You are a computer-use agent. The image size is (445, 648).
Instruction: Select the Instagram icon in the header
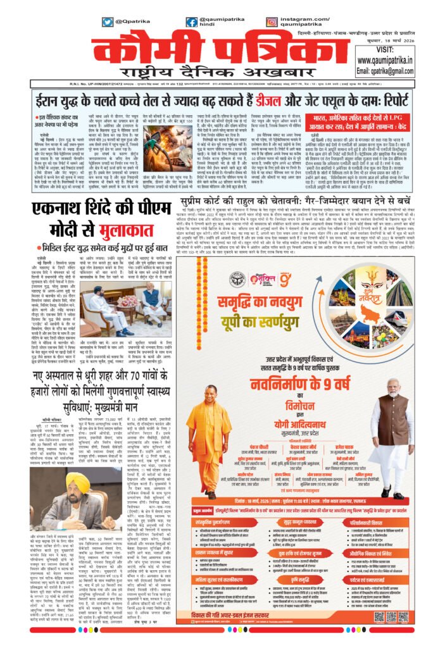point(272,22)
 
